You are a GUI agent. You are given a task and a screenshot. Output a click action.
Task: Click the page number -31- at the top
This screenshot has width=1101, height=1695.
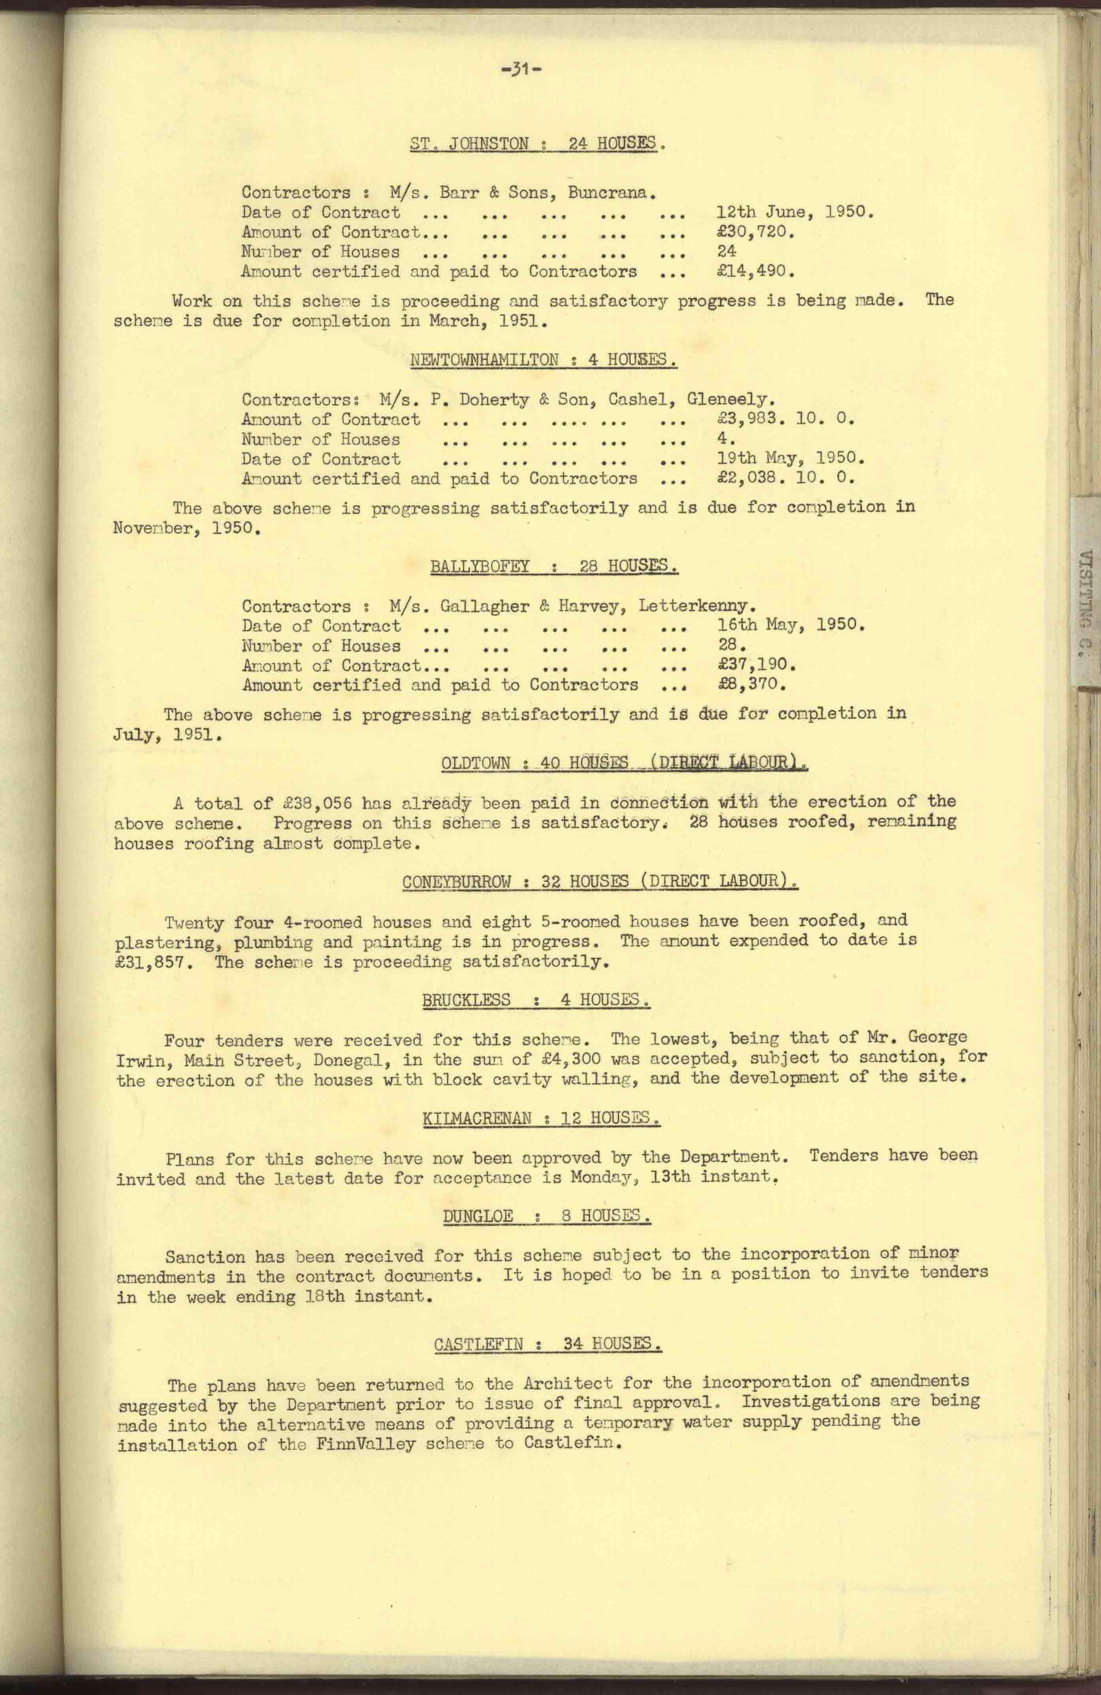(x=522, y=70)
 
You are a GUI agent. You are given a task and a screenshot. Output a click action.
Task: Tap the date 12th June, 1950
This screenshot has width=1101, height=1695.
(x=794, y=212)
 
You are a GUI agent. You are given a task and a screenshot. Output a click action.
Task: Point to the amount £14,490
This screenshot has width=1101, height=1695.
(x=755, y=271)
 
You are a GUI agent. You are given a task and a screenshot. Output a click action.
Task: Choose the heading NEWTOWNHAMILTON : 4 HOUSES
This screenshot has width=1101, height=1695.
(x=543, y=360)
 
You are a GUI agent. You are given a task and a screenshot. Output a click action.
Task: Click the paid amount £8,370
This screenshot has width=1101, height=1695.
(x=751, y=685)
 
